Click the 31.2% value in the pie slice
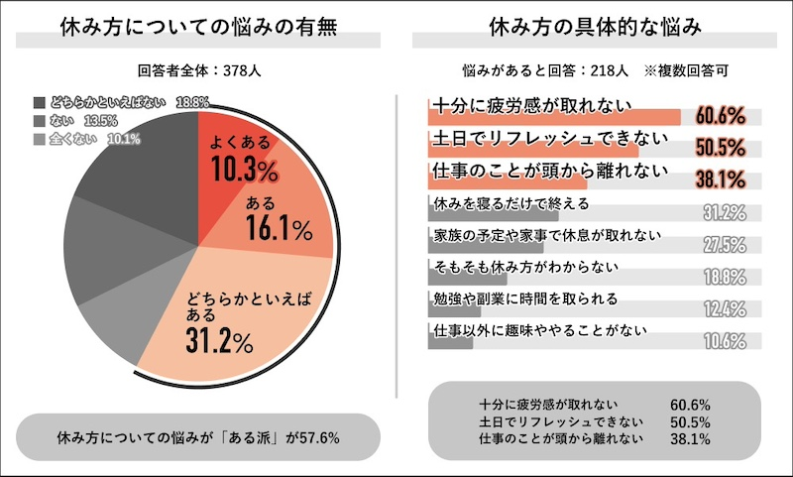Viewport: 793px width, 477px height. point(219,342)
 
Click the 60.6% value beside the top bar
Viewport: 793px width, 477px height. point(721,117)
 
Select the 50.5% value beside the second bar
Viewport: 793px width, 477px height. point(721,149)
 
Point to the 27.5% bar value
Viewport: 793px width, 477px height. point(724,245)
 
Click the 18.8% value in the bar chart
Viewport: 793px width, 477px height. point(724,277)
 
